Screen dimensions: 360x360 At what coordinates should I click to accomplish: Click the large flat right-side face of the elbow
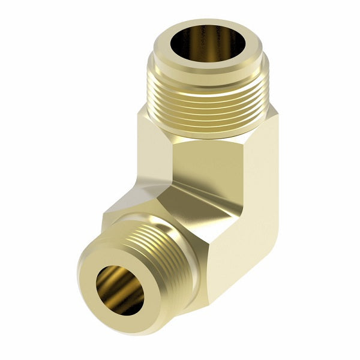(252, 198)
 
